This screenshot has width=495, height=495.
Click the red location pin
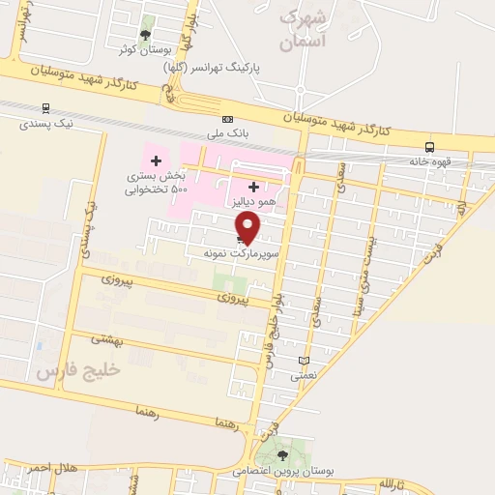(x=248, y=226)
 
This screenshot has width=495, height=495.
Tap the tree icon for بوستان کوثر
(x=146, y=35)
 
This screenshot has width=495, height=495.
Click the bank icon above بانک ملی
(x=227, y=119)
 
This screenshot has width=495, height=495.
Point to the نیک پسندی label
(x=45, y=124)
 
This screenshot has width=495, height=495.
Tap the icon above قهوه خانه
(x=429, y=148)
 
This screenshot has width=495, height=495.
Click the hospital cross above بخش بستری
(x=156, y=160)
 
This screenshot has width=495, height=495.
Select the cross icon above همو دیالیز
(x=253, y=186)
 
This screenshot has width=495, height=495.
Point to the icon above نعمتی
(x=305, y=360)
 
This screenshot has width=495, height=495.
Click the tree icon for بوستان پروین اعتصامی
(x=282, y=454)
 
